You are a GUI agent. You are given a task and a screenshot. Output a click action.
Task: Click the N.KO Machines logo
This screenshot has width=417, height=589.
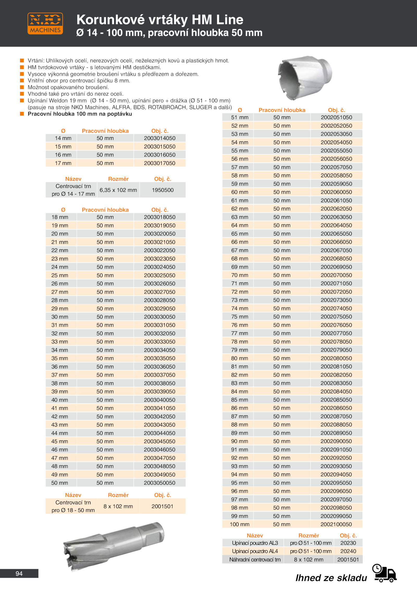click(x=45, y=23)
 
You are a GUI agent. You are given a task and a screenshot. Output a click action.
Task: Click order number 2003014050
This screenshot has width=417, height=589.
click(x=160, y=138)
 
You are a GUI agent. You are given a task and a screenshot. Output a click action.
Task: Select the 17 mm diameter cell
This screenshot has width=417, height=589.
click(x=63, y=163)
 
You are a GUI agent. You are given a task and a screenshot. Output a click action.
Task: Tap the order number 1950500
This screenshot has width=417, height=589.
click(x=163, y=190)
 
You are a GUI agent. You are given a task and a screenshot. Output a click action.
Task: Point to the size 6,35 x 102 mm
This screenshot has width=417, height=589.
click(x=118, y=190)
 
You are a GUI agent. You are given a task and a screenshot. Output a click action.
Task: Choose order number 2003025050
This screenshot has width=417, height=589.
click(x=160, y=275)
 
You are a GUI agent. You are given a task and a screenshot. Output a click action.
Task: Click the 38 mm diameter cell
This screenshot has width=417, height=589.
click(x=60, y=383)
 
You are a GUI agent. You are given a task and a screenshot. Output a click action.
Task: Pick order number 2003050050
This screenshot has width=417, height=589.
click(x=160, y=483)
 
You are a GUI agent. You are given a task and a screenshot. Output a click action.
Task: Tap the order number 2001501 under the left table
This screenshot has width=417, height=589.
click(x=162, y=506)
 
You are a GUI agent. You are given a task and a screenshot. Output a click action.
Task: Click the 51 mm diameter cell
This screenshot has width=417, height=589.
click(x=240, y=117)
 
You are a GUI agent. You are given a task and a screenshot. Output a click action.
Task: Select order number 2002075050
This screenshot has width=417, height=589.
click(x=336, y=317)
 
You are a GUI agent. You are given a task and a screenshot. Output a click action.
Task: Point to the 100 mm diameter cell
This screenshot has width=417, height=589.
click(x=240, y=524)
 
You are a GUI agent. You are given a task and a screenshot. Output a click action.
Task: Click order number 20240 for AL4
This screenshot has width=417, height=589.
click(x=348, y=551)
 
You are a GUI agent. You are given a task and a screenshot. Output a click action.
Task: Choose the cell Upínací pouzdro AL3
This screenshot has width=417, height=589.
click(x=255, y=543)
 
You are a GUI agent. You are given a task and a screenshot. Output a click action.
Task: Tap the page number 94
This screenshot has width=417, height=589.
click(x=19, y=574)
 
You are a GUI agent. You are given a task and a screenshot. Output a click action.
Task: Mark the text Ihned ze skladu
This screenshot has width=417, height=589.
click(x=331, y=578)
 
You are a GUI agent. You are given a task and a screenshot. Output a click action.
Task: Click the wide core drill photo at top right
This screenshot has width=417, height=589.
click(x=305, y=78)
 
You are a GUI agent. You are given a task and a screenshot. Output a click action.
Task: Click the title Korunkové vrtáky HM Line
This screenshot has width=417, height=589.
click(x=160, y=20)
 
